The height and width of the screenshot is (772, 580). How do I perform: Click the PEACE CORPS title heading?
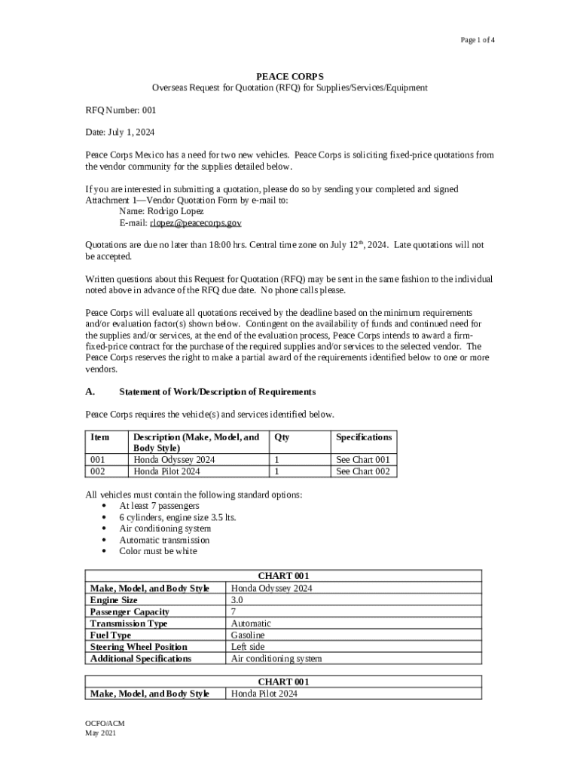(x=290, y=76)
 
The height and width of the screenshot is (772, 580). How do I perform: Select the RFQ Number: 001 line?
(x=121, y=109)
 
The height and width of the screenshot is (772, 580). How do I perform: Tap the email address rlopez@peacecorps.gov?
(x=195, y=223)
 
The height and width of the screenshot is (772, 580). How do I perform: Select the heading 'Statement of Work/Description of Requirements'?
(x=217, y=392)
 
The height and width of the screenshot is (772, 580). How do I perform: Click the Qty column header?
(x=282, y=437)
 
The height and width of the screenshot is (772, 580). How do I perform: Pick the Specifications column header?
(x=364, y=437)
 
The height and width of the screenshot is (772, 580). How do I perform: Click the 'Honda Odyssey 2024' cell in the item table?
(x=175, y=460)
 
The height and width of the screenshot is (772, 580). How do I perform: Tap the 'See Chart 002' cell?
(x=363, y=471)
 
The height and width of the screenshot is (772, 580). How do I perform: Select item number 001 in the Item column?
(x=98, y=460)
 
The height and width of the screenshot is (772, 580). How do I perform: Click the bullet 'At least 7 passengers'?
(x=159, y=506)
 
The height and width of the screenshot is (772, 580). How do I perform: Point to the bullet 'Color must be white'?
(x=158, y=551)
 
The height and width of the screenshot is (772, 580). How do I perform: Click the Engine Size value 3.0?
(x=237, y=600)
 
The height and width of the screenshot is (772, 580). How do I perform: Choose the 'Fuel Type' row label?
(x=110, y=636)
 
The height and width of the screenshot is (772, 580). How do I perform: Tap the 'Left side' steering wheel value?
(x=248, y=647)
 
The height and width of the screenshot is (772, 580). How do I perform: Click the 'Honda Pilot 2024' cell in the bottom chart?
(x=264, y=694)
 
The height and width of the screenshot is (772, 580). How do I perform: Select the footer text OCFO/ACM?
(x=105, y=724)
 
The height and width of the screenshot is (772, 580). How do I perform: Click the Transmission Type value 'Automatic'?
(x=251, y=623)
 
